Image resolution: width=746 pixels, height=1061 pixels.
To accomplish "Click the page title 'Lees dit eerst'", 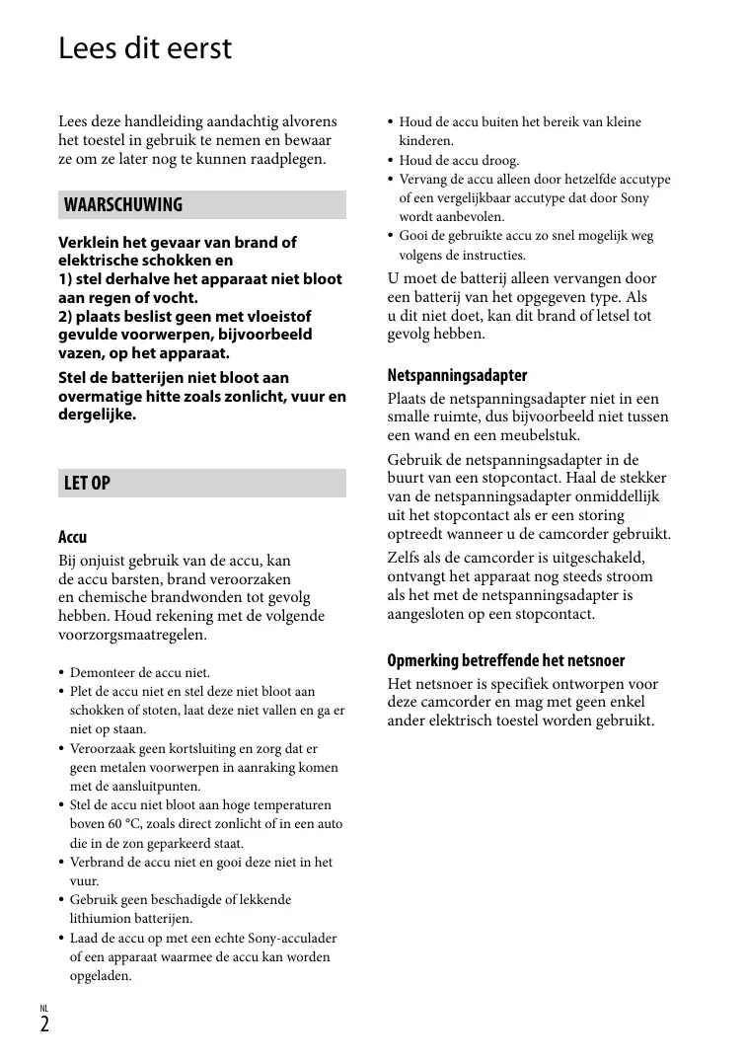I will coord(145,48).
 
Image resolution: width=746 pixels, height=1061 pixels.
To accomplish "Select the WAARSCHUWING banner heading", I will coord(123,205).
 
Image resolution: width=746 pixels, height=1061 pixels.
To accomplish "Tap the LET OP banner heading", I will coord(87,484).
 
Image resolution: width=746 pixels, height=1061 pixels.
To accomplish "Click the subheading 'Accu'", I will coord(73,538).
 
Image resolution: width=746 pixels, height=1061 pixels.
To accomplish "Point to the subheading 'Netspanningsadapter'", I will coord(457,376).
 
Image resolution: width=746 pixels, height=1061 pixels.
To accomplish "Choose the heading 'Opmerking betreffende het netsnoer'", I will coord(506,661).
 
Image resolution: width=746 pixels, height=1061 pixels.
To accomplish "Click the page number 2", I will coord(45,1023).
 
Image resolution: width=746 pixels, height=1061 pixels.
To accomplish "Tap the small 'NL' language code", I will coord(44,1008).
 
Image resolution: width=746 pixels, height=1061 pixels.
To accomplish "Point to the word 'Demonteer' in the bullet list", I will coord(101,673).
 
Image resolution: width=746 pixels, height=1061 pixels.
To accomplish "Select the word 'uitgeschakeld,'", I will coord(596,558).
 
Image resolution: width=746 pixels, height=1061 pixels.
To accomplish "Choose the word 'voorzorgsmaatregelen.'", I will coord(133,635).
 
